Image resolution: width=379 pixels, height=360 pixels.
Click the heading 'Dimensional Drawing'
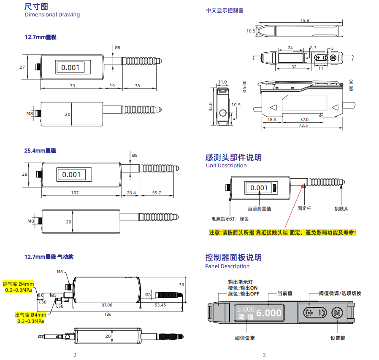click(52, 15)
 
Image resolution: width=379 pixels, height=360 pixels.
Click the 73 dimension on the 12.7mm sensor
click(73, 86)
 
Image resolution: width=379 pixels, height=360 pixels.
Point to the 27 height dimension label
click(22, 67)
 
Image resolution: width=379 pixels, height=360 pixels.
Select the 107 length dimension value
click(75, 193)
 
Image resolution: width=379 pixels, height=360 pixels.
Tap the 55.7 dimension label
click(157, 193)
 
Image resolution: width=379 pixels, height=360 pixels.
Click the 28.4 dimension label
click(131, 193)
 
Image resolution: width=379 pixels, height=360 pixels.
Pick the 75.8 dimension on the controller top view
click(305, 21)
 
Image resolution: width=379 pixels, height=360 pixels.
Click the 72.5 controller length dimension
click(303, 126)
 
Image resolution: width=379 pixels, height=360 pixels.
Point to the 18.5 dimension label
click(272, 120)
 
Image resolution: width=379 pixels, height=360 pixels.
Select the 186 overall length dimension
click(108, 314)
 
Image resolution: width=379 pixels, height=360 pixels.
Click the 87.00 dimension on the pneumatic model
click(107, 305)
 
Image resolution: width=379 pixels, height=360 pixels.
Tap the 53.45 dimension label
click(160, 305)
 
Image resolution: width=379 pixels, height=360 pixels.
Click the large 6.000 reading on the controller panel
click(269, 313)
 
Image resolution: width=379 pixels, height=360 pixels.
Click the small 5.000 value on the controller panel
click(246, 309)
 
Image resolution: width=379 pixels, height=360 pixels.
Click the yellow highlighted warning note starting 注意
click(282, 233)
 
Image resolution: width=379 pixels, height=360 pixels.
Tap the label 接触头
click(341, 209)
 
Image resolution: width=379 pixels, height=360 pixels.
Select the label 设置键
click(338, 338)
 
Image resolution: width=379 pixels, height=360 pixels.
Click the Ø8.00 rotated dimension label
click(351, 85)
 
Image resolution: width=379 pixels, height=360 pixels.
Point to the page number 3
click(264, 355)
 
